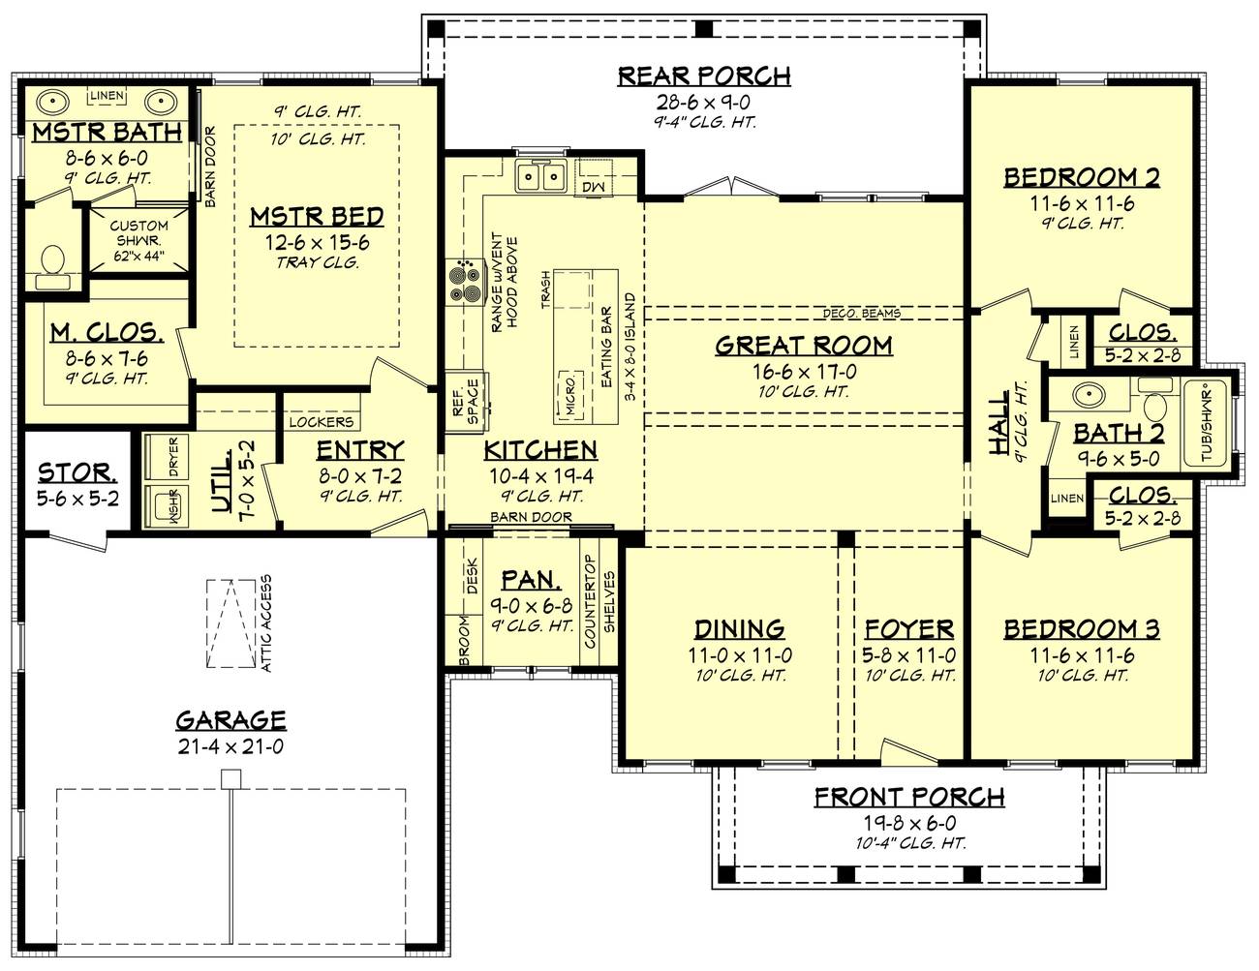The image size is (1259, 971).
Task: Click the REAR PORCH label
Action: coord(704,76)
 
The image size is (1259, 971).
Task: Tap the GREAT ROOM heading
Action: coord(804,346)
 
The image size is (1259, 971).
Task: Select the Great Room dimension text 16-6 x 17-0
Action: coord(804,371)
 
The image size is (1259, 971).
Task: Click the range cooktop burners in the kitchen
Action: coord(465,283)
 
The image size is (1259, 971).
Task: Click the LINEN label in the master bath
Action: coord(106,95)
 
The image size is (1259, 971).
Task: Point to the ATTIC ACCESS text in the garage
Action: coord(265,623)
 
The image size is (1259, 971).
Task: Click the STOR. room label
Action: coord(77,473)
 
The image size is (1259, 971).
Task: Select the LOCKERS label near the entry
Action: coord(321,423)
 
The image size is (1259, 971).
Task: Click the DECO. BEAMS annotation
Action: coord(861,313)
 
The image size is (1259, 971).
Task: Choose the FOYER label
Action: coord(908,629)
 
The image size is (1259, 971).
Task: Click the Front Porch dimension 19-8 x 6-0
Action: coord(908,822)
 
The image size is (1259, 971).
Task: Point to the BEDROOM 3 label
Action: coord(1081,629)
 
